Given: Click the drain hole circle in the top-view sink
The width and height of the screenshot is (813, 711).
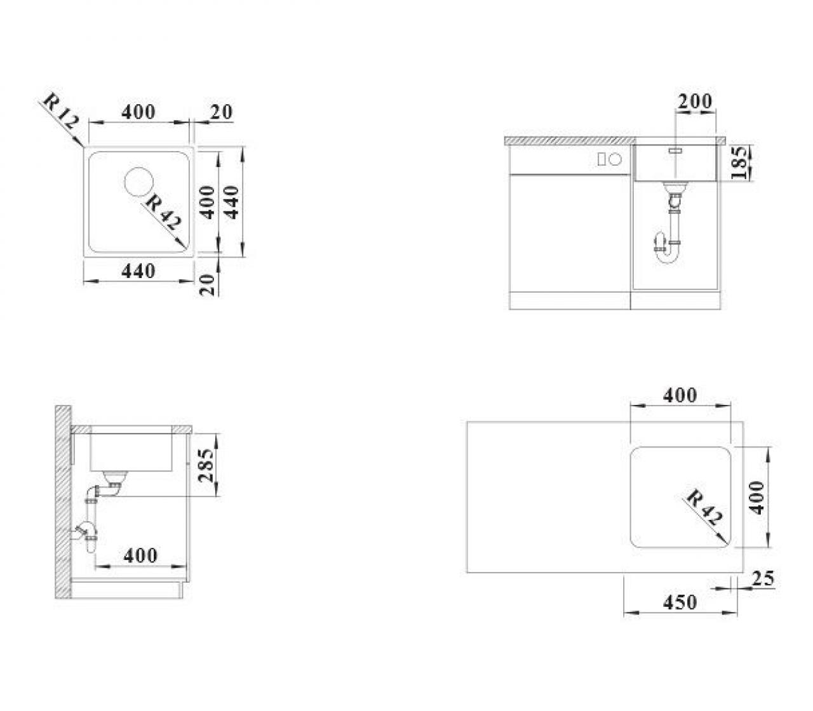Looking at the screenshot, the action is pyautogui.click(x=138, y=182).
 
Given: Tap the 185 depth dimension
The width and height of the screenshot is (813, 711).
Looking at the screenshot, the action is pyautogui.click(x=741, y=163).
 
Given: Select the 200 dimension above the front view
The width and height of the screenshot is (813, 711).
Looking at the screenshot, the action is pyautogui.click(x=695, y=101).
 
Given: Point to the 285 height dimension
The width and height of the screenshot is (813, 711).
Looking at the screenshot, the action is pyautogui.click(x=208, y=465).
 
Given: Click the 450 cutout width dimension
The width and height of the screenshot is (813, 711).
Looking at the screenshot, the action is pyautogui.click(x=680, y=602).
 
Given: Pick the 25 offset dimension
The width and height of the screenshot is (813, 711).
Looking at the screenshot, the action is pyautogui.click(x=763, y=579).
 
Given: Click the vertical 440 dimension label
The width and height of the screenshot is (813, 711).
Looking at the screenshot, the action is pyautogui.click(x=231, y=203).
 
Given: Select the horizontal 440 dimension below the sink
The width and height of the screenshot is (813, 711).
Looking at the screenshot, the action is pyautogui.click(x=138, y=272).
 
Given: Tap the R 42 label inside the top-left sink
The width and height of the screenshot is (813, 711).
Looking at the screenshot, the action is pyautogui.click(x=163, y=213).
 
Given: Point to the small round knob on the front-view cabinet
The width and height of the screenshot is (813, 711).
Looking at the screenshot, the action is pyautogui.click(x=615, y=160).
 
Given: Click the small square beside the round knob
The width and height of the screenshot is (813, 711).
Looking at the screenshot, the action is pyautogui.click(x=601, y=160).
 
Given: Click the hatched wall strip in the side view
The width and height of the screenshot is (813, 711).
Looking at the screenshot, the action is pyautogui.click(x=63, y=502).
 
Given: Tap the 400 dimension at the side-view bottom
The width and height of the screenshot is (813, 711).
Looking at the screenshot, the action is pyautogui.click(x=140, y=555).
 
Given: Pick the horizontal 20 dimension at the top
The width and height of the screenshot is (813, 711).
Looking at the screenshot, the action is pyautogui.click(x=221, y=112).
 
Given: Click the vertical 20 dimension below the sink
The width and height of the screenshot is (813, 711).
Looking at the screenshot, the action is pyautogui.click(x=207, y=284).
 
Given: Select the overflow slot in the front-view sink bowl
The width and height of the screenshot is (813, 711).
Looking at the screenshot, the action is pyautogui.click(x=675, y=151).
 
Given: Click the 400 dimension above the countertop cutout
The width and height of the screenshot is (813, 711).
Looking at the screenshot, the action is pyautogui.click(x=680, y=395).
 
